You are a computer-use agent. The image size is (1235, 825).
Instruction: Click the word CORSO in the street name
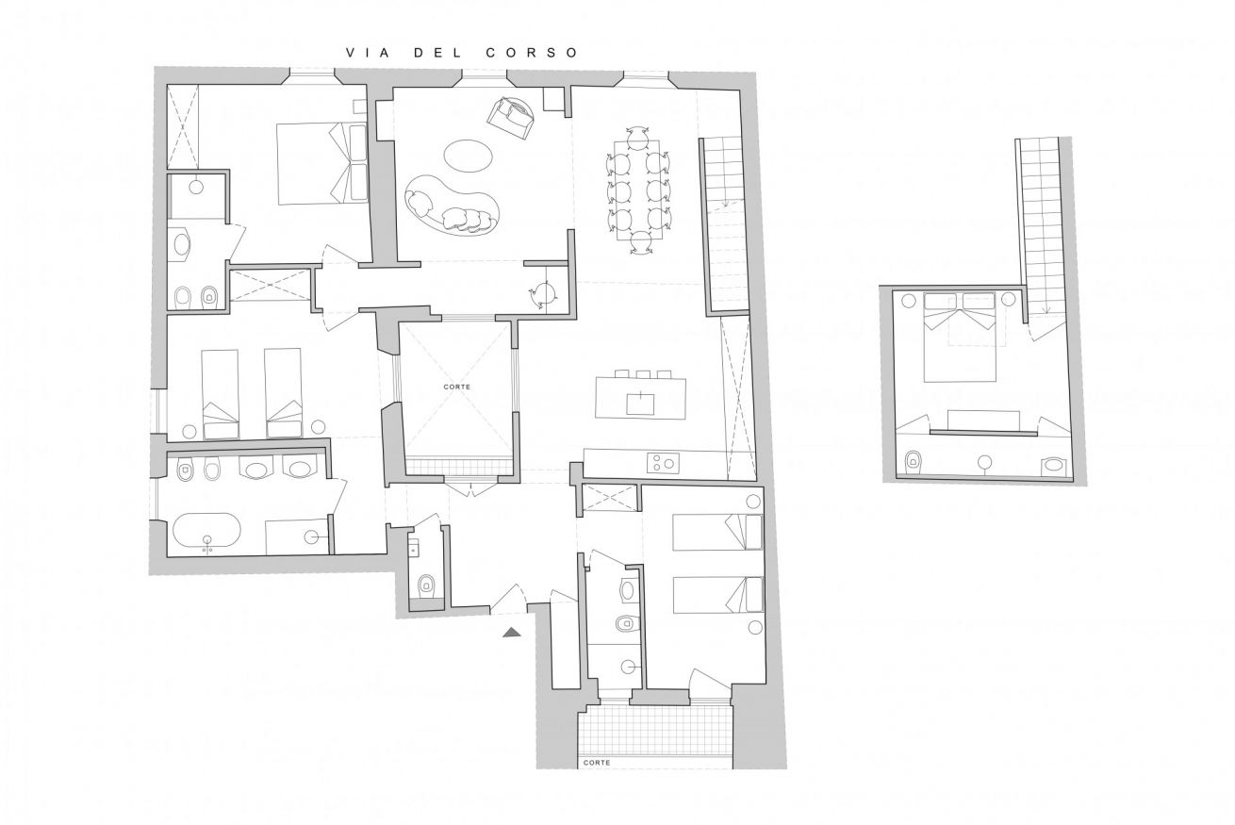532,53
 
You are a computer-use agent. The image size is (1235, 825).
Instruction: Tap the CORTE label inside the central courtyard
457,388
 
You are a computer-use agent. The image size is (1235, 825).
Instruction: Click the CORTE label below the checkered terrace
597,762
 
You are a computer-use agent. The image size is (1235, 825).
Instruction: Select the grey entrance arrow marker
512,633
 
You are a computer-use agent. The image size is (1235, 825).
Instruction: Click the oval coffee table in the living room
468,157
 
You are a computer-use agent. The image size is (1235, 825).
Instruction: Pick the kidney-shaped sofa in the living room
453,206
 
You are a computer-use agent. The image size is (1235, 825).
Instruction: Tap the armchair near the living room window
511,118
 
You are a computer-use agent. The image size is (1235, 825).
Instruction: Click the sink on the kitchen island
641,404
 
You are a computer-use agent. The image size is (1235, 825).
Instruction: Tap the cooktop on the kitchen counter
663,463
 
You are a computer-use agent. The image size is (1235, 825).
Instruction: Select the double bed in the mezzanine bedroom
960,337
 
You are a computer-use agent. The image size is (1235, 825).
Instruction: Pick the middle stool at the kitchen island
642,374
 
